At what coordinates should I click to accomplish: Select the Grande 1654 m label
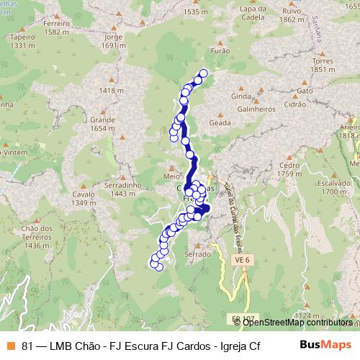(x=103, y=124)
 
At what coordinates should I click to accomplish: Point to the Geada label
(x=220, y=122)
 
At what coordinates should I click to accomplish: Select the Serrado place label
(x=197, y=255)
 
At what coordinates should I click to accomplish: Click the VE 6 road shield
(x=243, y=259)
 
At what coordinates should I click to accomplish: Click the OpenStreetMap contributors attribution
(x=297, y=322)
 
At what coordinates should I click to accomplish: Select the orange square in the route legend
(x=11, y=345)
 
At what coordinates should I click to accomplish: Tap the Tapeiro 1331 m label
(x=23, y=41)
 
